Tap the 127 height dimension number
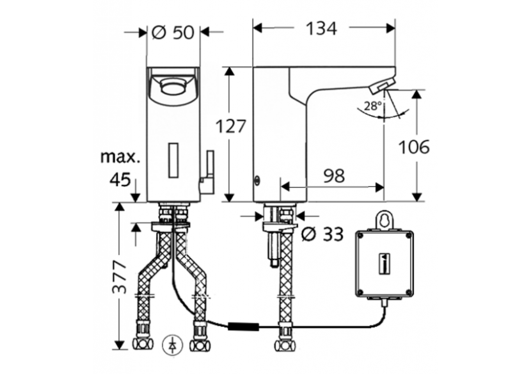click(231, 127)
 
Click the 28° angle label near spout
click(373, 106)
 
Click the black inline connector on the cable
click(246, 327)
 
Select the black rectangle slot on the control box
click(383, 263)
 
